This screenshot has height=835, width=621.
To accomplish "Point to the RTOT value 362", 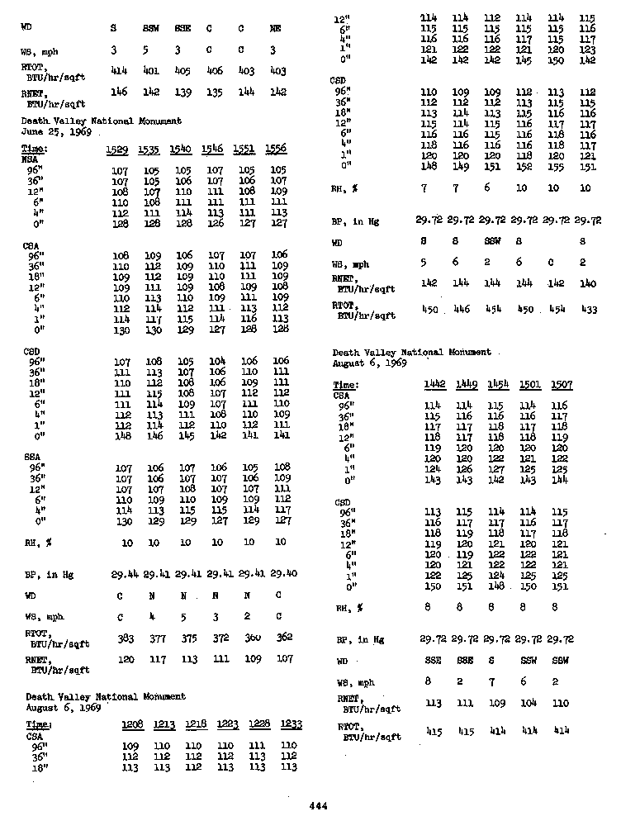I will [283, 638].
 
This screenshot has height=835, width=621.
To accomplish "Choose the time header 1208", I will [132, 725].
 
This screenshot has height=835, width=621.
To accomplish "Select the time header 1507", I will [560, 385].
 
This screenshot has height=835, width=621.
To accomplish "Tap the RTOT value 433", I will [587, 309].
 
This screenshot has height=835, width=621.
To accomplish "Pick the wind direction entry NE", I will [276, 28].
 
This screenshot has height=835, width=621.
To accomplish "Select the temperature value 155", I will [556, 166].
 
